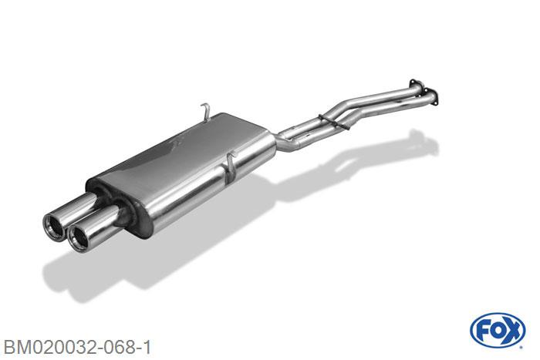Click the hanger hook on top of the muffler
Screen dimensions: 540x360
[x=206, y=112]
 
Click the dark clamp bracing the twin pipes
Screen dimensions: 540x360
[x=334, y=122]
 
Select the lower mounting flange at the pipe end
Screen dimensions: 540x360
[x=432, y=95]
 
